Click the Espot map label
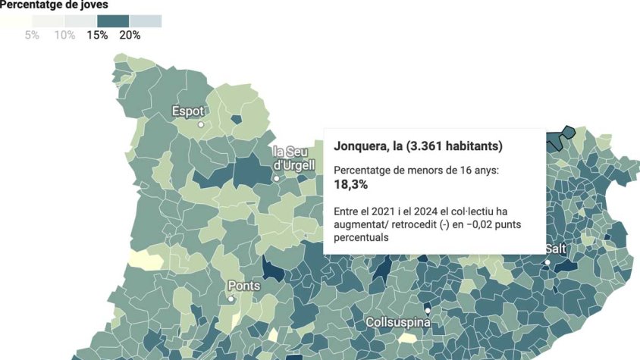point(188,111)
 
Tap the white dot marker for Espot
point(201,124)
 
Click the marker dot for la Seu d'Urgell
point(276,179)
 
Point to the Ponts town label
point(244,286)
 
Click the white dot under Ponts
point(231,299)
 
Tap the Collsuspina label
point(398,322)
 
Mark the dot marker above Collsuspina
point(428,310)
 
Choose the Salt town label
point(555,249)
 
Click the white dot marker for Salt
point(547,262)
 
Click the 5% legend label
point(32,36)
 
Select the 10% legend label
point(64,36)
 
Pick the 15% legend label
point(97,36)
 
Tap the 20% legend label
point(130,36)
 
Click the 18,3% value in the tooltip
point(351,184)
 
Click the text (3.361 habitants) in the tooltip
point(454,145)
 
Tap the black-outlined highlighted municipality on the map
point(561,136)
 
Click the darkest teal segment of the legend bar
point(114,20)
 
